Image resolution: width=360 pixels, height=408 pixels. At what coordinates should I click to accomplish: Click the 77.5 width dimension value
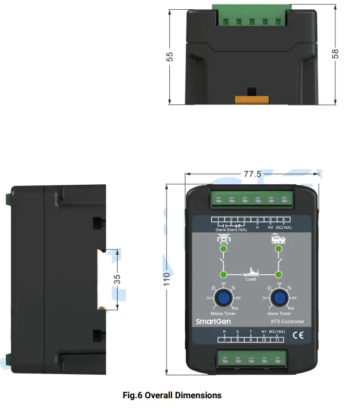click(x=252, y=174)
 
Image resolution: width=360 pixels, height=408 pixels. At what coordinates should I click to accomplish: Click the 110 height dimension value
click(x=167, y=279)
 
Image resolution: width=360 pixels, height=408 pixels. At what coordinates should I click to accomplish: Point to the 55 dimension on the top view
click(x=170, y=58)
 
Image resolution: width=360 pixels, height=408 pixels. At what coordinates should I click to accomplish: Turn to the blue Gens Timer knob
click(x=280, y=297)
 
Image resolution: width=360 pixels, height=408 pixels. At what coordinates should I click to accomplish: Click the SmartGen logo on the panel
click(x=212, y=322)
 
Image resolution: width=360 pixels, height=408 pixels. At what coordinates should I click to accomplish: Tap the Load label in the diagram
click(x=250, y=280)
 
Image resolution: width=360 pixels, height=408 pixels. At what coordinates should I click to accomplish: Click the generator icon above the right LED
click(x=279, y=240)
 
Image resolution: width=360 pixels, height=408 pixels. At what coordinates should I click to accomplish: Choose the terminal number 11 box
click(x=277, y=340)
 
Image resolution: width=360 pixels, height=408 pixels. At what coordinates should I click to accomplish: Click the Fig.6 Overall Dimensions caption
click(x=172, y=395)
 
